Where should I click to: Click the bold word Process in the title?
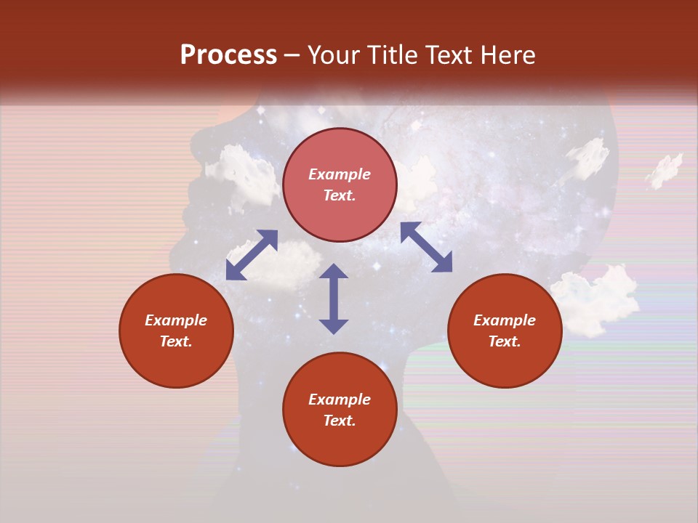(x=228, y=55)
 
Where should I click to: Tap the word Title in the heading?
(x=391, y=55)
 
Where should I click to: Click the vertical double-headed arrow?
(x=334, y=299)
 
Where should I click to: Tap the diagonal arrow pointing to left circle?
(x=252, y=255)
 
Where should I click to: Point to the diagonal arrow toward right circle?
(x=426, y=247)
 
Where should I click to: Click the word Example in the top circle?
(x=340, y=174)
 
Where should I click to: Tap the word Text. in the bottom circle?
(x=340, y=421)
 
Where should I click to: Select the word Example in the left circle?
(x=176, y=320)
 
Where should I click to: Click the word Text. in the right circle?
(x=505, y=341)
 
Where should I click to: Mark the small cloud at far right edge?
(x=665, y=169)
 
